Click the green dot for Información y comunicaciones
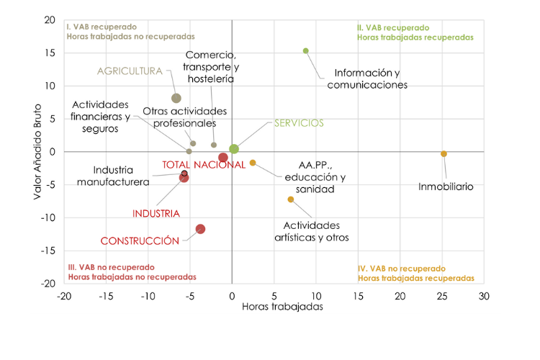click(306, 51)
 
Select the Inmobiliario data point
click(444, 153)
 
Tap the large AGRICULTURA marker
click(176, 98)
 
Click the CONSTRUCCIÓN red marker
click(200, 229)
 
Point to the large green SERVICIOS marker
click(234, 149)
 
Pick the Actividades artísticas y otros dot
click(291, 199)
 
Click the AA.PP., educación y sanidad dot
click(253, 163)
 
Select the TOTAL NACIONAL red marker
click(223, 158)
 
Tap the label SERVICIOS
click(299, 123)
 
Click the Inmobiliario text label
click(446, 186)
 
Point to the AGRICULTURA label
click(130, 71)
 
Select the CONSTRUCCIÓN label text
click(140, 241)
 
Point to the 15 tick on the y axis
click(50, 53)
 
